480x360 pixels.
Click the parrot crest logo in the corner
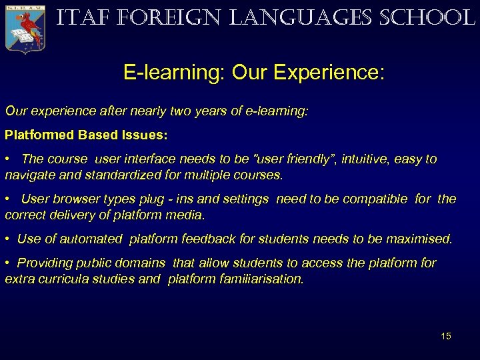[x=25, y=27]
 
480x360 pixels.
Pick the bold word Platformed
[x=39, y=135]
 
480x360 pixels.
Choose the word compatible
[x=373, y=199]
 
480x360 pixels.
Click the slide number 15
[x=445, y=336]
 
